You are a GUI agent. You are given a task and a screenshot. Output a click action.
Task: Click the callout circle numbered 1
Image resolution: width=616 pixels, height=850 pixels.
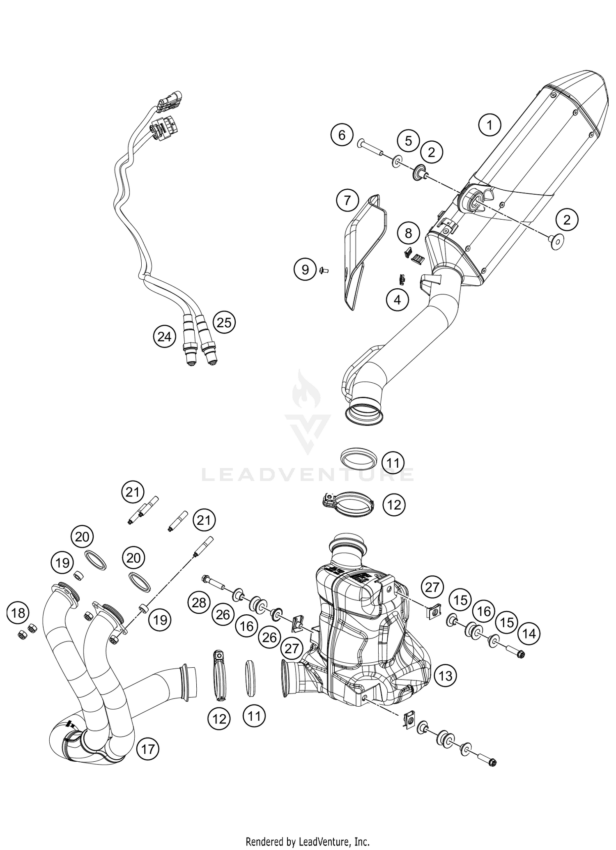click(490, 124)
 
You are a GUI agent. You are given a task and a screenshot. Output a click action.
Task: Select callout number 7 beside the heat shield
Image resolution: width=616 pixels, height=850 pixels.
click(347, 201)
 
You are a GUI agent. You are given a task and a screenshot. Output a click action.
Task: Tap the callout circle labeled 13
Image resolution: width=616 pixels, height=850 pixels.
click(445, 675)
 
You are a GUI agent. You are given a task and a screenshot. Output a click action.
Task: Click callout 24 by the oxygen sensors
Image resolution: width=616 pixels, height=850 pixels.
click(164, 337)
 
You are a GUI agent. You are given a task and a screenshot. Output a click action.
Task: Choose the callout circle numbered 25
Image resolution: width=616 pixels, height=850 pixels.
click(224, 322)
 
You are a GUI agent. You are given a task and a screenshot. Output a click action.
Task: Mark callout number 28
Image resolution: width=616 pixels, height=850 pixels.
click(199, 603)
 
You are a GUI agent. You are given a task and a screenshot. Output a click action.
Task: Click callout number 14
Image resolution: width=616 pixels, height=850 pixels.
click(529, 634)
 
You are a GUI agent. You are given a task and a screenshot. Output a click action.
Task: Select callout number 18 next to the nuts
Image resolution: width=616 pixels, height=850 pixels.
click(18, 613)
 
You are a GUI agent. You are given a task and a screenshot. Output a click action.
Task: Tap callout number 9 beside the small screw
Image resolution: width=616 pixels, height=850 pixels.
click(305, 269)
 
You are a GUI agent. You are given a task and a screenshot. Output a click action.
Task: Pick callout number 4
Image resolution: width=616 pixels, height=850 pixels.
click(397, 300)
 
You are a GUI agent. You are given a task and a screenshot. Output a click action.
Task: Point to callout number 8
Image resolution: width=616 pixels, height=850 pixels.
click(408, 233)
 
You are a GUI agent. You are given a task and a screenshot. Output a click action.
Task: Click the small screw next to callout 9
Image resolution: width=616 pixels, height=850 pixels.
click(322, 270)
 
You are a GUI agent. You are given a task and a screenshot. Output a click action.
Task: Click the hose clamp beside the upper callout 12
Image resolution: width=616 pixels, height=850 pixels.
click(348, 504)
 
